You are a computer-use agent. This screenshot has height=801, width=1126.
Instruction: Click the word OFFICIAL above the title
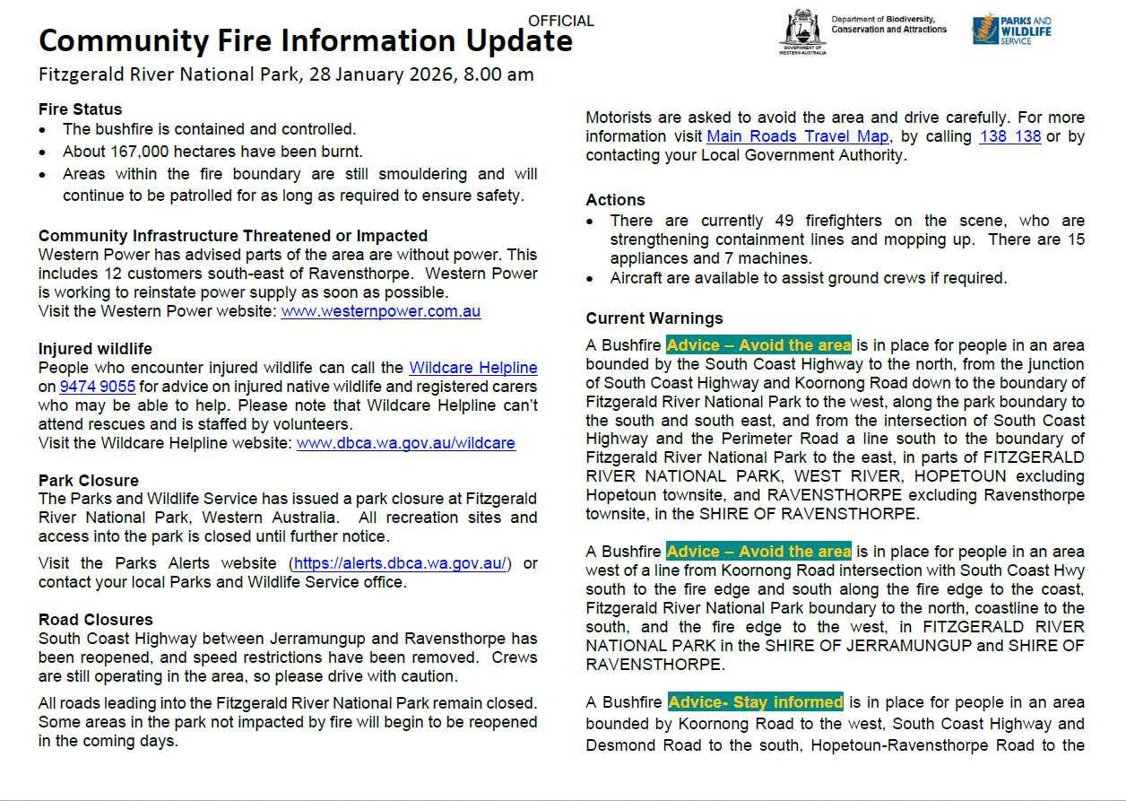coord(561,21)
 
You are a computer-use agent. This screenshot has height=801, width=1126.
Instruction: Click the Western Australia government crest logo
coord(802,32)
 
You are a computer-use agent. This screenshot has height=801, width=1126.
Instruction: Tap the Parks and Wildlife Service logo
coord(1012,30)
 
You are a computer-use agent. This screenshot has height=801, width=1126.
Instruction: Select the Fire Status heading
coord(80,109)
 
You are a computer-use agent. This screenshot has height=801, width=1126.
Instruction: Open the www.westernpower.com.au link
coord(380,311)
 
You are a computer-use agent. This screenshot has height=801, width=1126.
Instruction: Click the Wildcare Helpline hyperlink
coord(473,368)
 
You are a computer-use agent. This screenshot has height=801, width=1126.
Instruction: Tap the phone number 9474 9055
coord(98,387)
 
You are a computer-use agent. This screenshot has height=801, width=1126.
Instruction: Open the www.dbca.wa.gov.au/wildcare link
coord(406,443)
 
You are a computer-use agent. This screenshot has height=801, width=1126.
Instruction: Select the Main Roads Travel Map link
coord(798,136)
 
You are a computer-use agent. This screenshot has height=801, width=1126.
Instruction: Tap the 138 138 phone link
coord(1010,136)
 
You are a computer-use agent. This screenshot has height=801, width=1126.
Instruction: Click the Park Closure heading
coord(89,481)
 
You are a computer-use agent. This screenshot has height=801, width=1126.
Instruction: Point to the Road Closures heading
coord(96,620)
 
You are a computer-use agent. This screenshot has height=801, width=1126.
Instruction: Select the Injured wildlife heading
coord(95,349)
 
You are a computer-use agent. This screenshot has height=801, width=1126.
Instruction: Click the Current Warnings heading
coord(654,318)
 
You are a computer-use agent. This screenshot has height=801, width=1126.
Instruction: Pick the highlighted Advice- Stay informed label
coord(756,702)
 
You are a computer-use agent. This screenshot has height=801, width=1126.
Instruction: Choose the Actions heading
coord(615,200)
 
